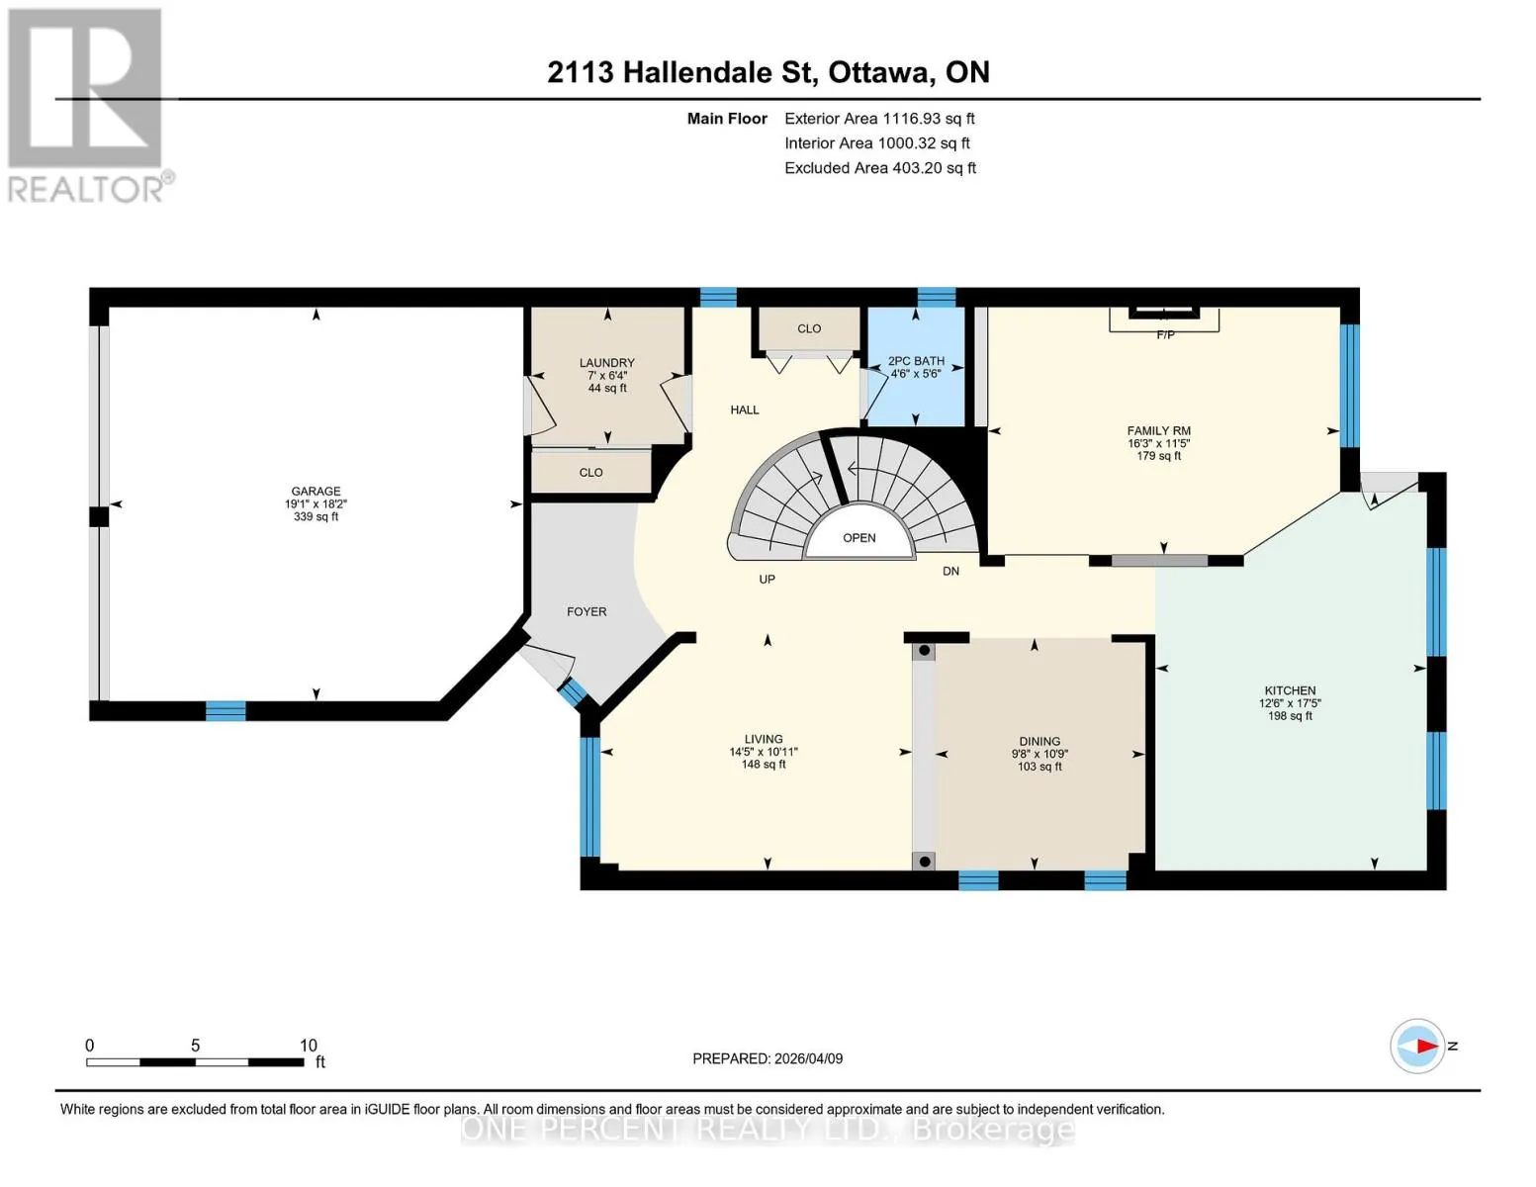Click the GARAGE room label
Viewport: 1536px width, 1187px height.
pos(316,491)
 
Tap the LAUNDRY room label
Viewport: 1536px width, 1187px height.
pos(606,363)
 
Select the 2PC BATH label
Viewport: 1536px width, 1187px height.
pos(916,361)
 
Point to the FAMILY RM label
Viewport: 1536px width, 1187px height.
pos(1158,430)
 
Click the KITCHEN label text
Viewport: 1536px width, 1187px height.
pos(1290,690)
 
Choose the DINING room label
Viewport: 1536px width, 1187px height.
pos(1039,741)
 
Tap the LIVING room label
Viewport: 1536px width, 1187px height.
pos(764,739)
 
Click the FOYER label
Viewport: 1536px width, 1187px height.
pos(587,611)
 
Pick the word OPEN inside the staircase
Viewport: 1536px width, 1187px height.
pos(858,538)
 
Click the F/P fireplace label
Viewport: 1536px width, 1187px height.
pos(1166,334)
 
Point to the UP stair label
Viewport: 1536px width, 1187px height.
pos(767,579)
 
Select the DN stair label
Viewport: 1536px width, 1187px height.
pos(950,571)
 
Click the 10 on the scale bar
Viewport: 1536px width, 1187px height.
pos(309,1045)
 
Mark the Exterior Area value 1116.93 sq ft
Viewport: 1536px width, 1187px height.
pos(928,119)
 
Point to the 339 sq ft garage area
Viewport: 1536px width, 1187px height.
pos(316,516)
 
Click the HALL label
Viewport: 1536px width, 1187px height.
pos(745,410)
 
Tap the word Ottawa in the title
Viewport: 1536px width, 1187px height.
pos(879,73)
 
